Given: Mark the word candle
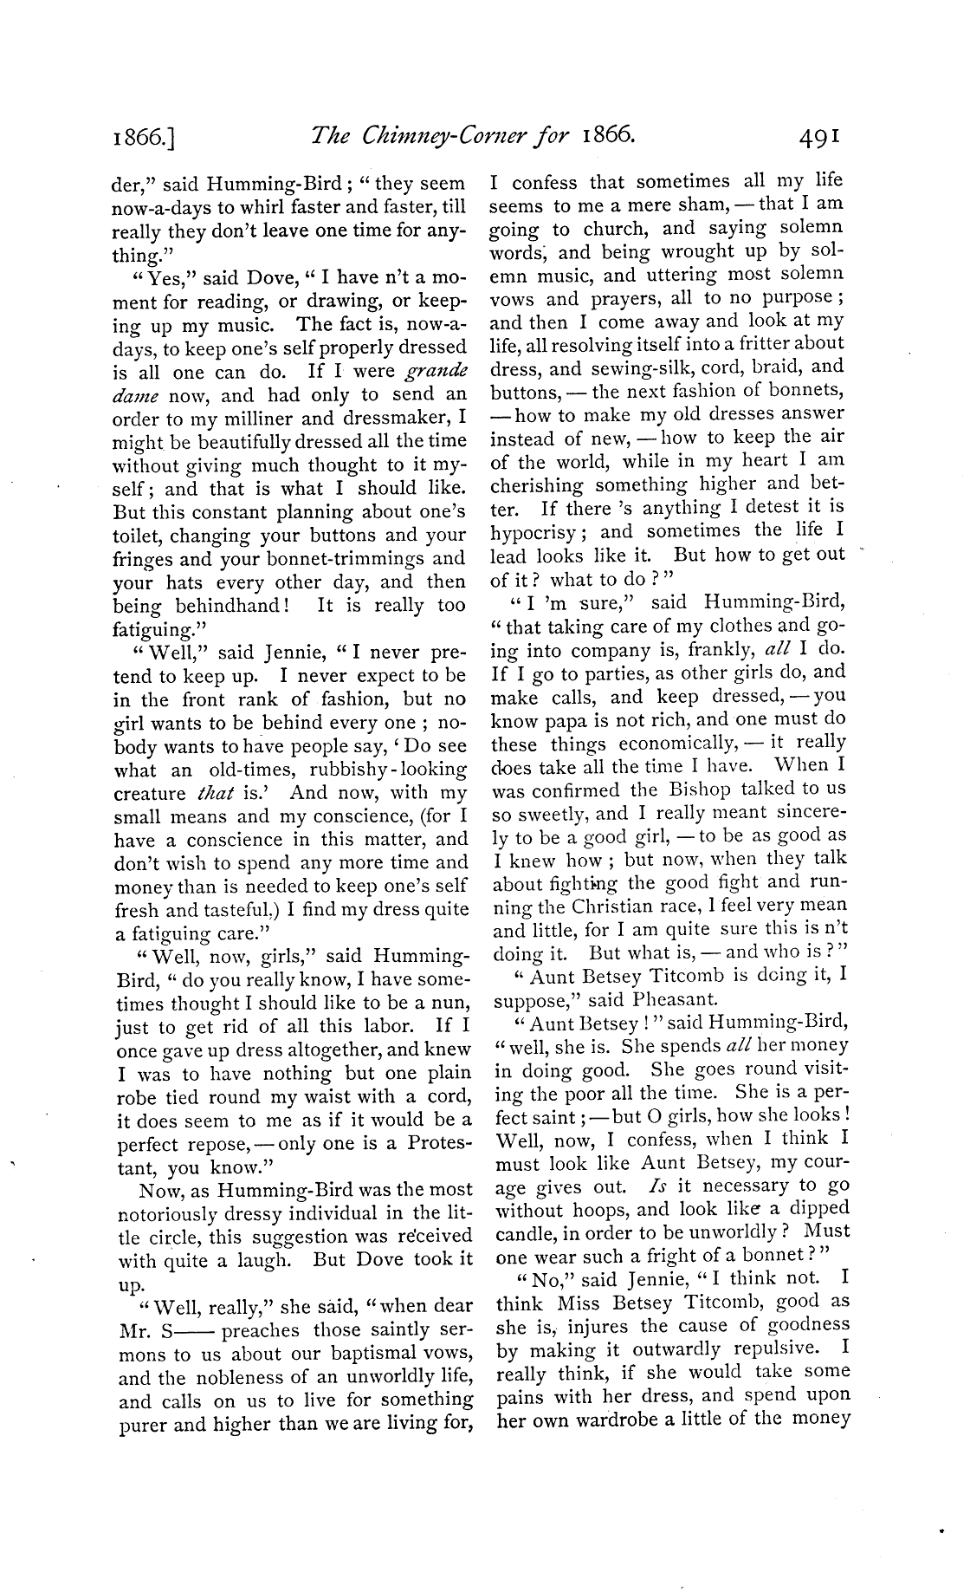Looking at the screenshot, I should (x=527, y=1231).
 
